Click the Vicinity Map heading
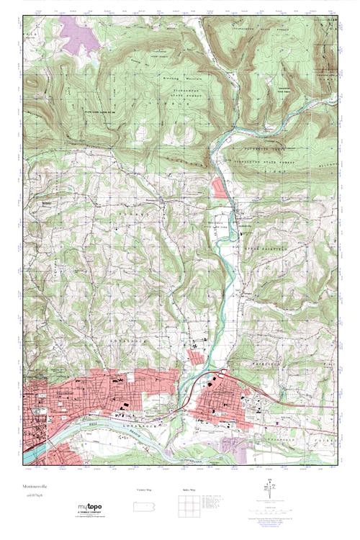[145, 490]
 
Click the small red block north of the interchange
[195, 354]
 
